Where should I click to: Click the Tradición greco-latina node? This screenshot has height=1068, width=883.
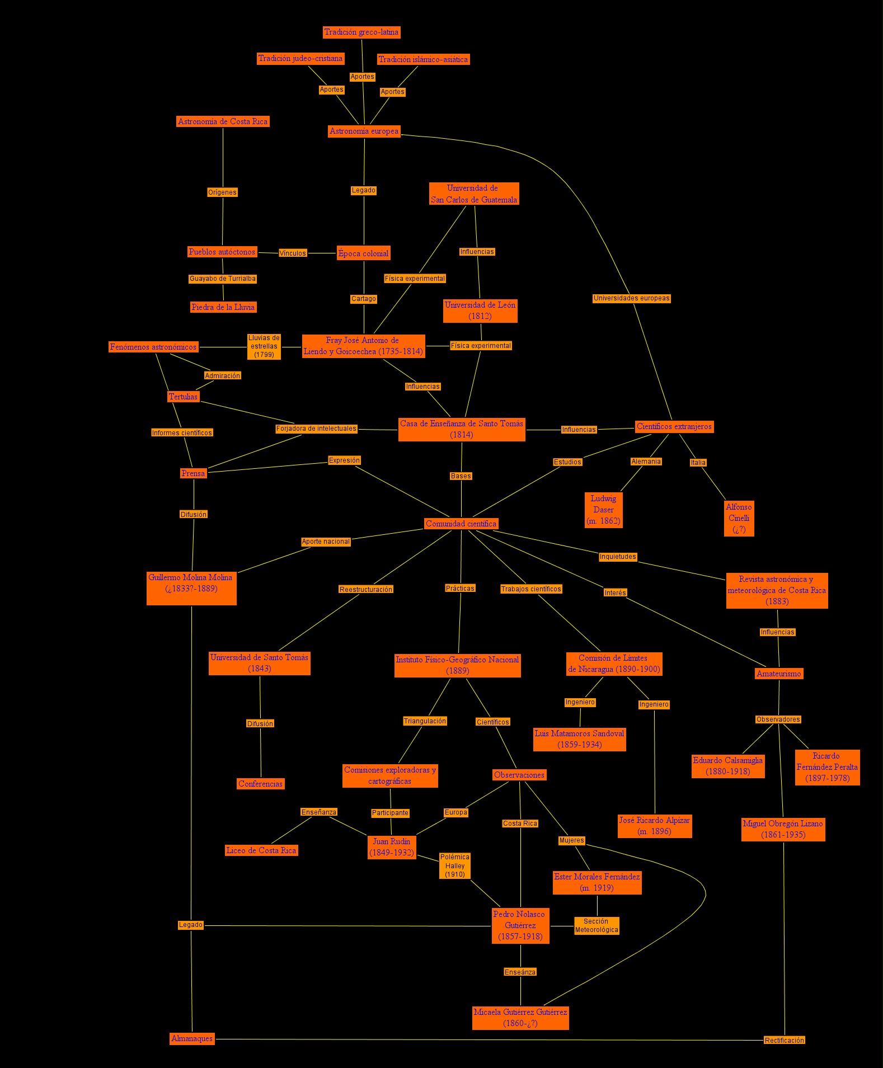[361, 32]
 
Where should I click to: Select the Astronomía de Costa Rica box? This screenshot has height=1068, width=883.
[223, 121]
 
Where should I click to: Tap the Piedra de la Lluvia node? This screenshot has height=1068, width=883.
[223, 307]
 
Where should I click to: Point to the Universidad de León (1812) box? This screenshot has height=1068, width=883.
[480, 310]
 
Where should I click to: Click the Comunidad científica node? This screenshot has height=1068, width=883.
[461, 524]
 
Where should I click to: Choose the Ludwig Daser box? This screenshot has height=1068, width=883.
[603, 510]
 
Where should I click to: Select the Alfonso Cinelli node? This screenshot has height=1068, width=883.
[739, 518]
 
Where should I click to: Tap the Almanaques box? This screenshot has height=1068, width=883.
[192, 1038]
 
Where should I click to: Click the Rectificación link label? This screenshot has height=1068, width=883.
[784, 1040]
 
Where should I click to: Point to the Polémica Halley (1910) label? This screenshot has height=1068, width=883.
[454, 865]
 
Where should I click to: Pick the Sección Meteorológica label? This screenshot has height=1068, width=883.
[597, 925]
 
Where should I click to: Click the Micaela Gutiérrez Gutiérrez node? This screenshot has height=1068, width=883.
[520, 1018]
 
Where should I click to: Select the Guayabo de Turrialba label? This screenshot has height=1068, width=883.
[223, 279]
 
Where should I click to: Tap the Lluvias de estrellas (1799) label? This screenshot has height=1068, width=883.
[264, 346]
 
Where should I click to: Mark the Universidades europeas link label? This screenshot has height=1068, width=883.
[631, 298]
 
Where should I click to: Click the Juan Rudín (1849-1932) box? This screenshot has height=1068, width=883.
[392, 847]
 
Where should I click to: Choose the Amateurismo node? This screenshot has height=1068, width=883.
[779, 674]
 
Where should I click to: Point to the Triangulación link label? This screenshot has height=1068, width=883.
[425, 721]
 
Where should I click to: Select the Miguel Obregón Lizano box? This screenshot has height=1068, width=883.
[783, 829]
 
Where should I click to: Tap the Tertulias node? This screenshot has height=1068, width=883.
[184, 397]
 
